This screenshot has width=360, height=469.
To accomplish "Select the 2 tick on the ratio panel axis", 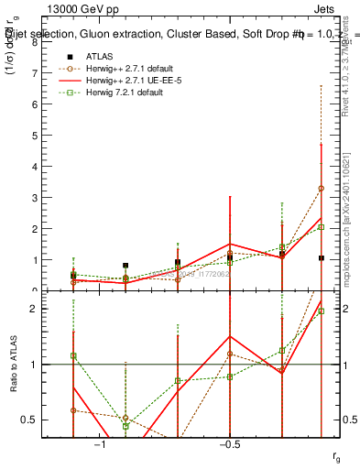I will pos(36,309).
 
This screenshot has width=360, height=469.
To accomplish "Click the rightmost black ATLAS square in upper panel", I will pos(321,258).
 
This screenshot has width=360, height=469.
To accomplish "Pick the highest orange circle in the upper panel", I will pos(321,188).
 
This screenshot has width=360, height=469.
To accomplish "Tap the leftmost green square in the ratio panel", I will pos(73,355).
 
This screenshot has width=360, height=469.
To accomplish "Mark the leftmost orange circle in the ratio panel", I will pos(73,409).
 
